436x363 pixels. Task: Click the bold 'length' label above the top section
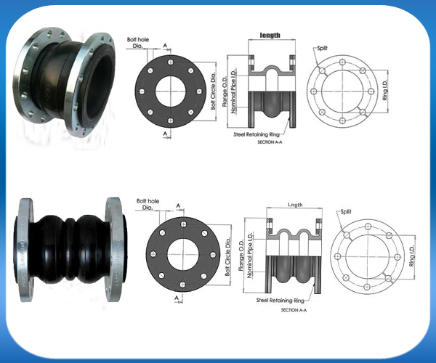270,36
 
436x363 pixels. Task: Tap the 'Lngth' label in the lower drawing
295,205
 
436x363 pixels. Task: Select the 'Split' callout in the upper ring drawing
322,48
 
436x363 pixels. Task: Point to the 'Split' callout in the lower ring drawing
346,211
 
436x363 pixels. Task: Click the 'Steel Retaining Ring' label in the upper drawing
257,135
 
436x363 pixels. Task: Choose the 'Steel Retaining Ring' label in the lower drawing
280,301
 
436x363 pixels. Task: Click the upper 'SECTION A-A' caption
270,142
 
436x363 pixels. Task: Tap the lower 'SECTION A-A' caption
294,310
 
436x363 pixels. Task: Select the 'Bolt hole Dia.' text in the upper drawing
138,43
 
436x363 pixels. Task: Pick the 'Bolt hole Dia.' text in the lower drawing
148,204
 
